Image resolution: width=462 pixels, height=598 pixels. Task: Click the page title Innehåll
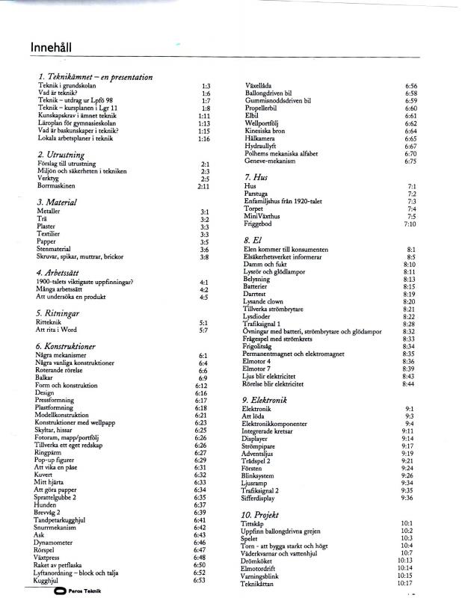52,47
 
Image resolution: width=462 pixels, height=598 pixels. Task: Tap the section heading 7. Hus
255,176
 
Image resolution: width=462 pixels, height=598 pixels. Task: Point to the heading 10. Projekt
261,515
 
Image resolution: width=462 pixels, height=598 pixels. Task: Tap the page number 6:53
200,579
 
